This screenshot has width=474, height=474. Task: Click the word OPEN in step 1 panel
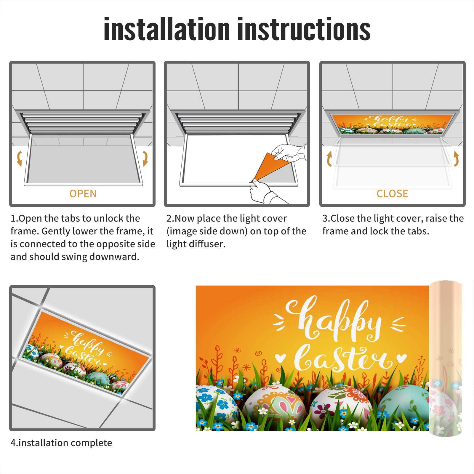(x=83, y=194)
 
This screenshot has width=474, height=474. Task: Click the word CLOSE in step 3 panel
(x=392, y=194)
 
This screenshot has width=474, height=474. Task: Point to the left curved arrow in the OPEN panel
(x=20, y=158)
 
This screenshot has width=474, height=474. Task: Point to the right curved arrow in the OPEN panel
(x=145, y=158)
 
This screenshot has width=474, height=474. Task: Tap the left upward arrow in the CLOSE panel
(x=329, y=158)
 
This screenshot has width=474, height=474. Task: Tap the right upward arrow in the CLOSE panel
(x=456, y=158)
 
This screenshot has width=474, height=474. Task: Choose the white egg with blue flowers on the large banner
(x=216, y=406)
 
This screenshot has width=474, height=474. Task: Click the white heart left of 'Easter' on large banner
(x=280, y=358)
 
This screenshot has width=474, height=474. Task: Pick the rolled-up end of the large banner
(x=446, y=358)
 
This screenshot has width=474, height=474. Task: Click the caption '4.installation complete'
(x=61, y=443)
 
